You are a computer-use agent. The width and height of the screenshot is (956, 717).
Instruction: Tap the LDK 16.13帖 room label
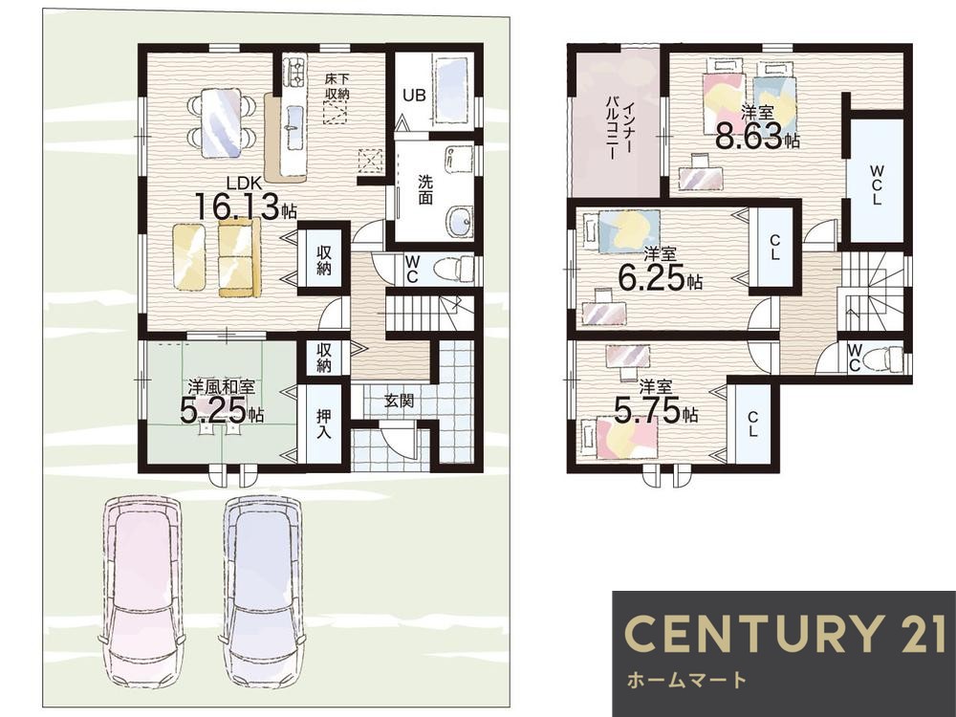[245, 198]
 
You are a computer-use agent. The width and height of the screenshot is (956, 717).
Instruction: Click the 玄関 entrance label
[399, 401]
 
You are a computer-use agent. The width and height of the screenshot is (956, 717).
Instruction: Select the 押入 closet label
[323, 424]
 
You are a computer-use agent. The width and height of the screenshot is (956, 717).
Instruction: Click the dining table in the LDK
[221, 123]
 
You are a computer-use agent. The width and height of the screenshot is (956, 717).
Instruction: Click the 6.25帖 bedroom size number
[661, 279]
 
